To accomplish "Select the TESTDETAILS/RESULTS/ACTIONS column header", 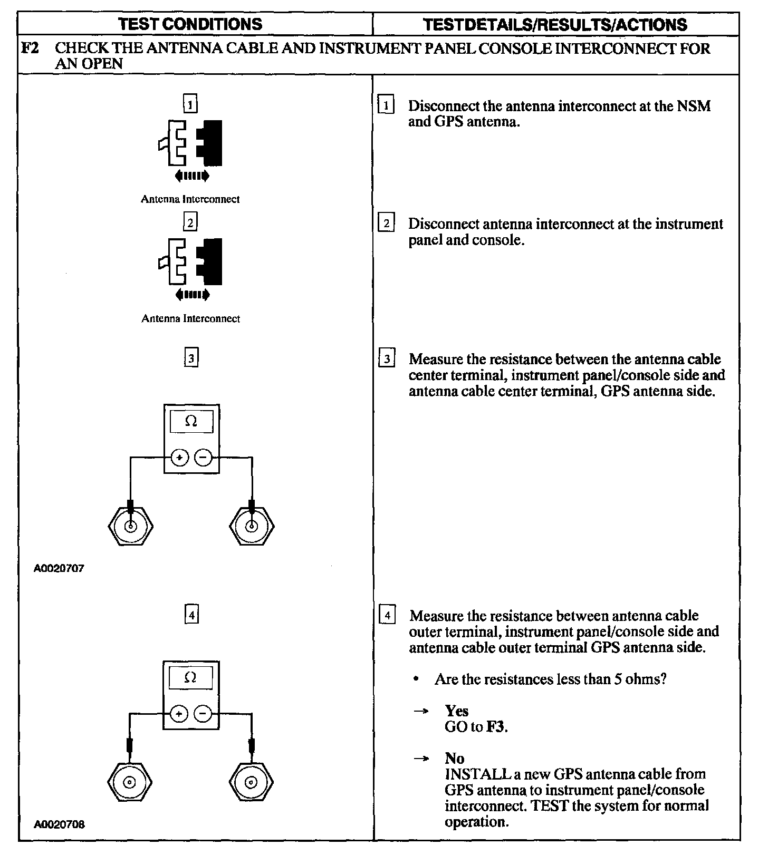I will coord(555,25).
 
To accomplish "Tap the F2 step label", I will coord(28,48).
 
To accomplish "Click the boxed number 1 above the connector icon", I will coord(190,104).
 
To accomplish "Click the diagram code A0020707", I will coord(59,568).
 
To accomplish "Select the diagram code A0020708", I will coord(59,824).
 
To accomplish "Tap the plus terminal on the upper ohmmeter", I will coord(180,458).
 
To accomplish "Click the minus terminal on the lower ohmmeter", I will coord(203,714).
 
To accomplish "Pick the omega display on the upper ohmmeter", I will coord(191,422).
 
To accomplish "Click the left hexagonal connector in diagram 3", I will coord(130,526).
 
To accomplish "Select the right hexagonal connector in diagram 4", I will coord(252,782).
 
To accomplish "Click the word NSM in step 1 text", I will coord(695,106).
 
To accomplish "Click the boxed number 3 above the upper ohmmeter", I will coord(191,359).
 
